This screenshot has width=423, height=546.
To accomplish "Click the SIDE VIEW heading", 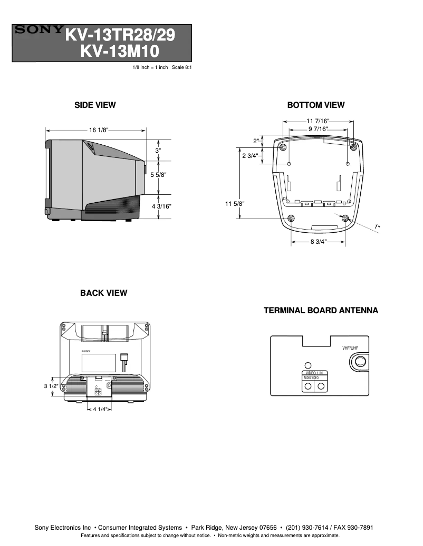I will click(95, 105).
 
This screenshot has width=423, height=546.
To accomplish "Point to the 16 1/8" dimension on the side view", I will click(99, 130).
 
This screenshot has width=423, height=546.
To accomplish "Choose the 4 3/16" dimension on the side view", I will click(161, 206).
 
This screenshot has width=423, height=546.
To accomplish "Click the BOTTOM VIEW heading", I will click(315, 105).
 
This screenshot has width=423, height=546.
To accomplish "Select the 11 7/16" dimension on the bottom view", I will click(318, 122).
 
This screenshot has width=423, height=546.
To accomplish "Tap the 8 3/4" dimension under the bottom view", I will click(318, 242).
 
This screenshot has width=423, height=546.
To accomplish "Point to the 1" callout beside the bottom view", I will click(378, 226).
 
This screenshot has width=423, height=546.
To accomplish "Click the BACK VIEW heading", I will click(103, 293).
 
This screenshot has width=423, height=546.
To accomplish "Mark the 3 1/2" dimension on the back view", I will click(51, 386).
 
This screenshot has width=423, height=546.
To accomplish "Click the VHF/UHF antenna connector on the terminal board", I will click(360, 362).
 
